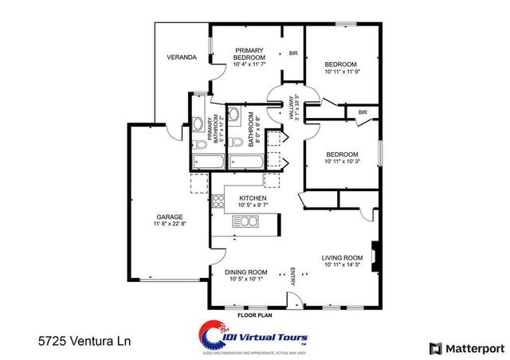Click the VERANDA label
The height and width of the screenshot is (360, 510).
182,57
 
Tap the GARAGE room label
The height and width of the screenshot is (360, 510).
170,217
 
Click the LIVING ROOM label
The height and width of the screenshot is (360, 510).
342,257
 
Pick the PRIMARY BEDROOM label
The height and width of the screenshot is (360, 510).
249,54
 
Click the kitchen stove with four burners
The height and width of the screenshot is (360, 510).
218,200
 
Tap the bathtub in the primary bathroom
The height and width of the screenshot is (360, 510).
206,162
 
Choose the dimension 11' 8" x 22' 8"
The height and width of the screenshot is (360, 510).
170,225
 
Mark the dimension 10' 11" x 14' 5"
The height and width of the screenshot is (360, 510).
342,265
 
